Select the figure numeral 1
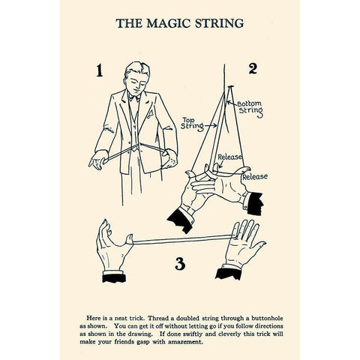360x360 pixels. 97,71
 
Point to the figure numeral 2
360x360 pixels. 252,69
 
